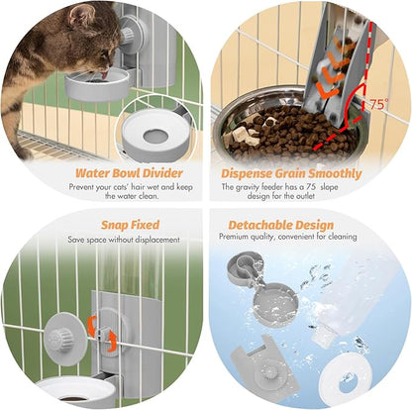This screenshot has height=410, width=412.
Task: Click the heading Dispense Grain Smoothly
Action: (290, 174)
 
